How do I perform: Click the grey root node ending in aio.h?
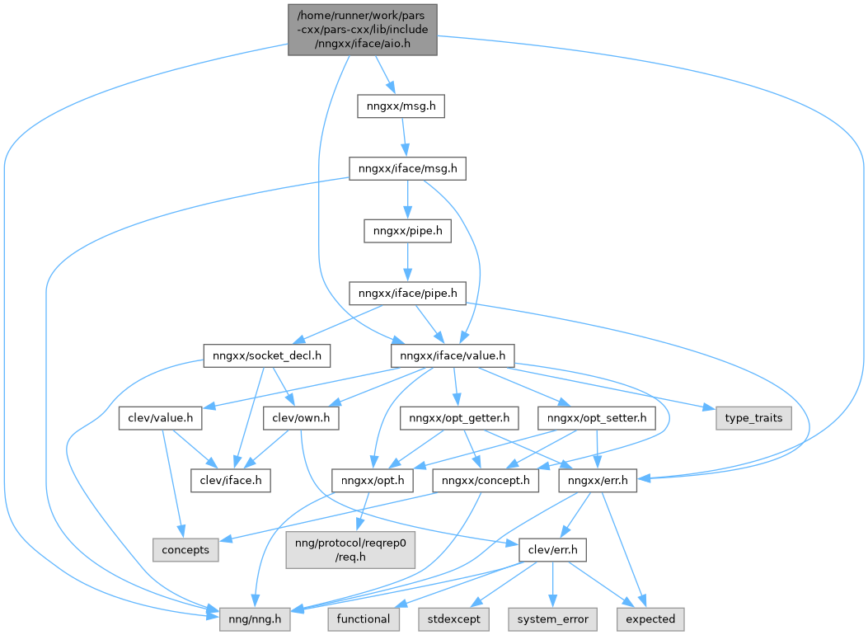362,30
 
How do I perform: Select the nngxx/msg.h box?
401,106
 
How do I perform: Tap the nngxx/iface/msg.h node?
408,169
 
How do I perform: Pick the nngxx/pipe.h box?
408,231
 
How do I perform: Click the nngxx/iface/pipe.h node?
408,293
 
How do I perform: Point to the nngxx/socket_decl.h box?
266,355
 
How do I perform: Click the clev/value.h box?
161,418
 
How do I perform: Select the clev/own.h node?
301,418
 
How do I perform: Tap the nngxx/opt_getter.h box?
460,418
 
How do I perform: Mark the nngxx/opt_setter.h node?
597,418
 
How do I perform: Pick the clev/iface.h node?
230,480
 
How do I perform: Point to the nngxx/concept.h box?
486,480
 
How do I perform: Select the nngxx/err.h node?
597,480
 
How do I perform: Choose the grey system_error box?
552,619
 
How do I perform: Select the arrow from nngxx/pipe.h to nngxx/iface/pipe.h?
408,261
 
